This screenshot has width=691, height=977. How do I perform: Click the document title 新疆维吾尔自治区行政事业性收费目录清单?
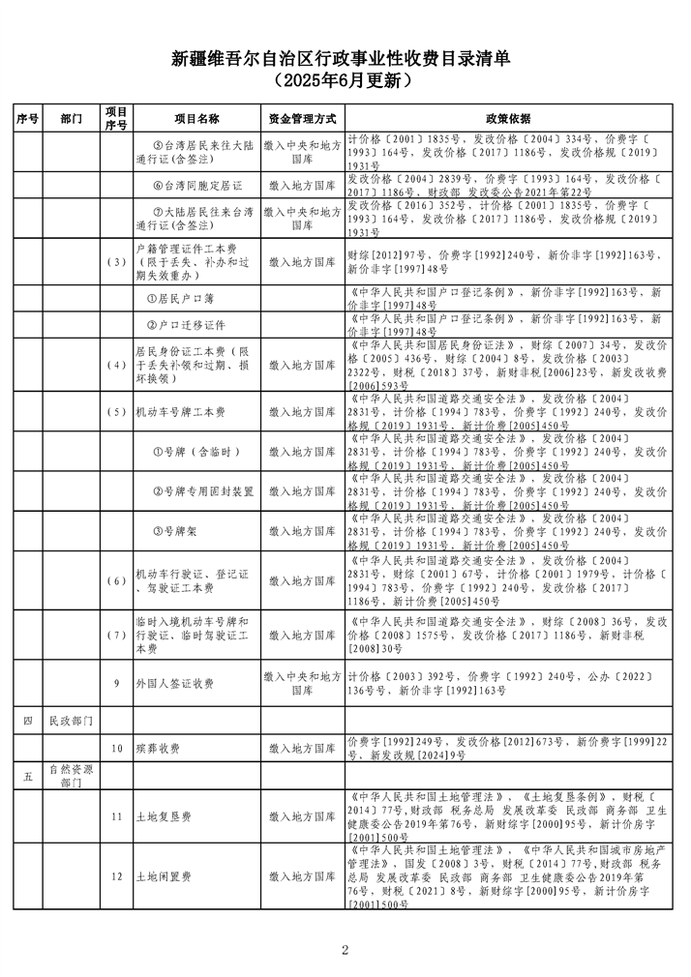(x=345, y=60)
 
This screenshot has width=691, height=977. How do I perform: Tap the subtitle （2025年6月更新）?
(x=345, y=81)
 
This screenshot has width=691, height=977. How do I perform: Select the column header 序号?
(x=26, y=118)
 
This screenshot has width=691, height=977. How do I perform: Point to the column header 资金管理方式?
(x=302, y=118)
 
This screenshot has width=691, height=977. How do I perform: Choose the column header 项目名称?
(x=196, y=118)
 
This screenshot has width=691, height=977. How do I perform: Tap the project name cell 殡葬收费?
(x=157, y=749)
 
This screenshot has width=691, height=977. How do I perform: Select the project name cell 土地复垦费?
(x=164, y=817)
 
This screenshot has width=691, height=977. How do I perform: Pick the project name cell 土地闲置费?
(x=164, y=877)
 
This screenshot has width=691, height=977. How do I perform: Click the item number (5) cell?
(x=116, y=412)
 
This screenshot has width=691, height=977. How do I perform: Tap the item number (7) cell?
(x=116, y=635)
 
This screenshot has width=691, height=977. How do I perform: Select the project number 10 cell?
(x=116, y=749)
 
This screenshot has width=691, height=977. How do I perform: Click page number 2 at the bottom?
(x=345, y=949)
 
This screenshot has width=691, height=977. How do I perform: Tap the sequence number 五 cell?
(x=26, y=777)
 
